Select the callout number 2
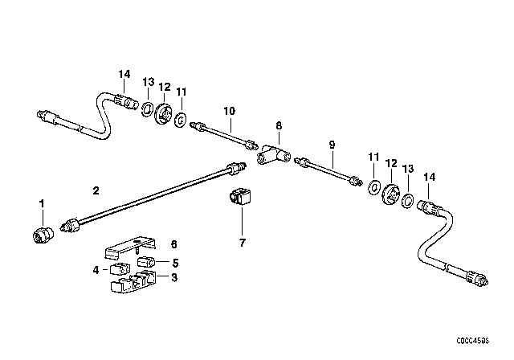[x=96, y=190]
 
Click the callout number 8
[x=279, y=126]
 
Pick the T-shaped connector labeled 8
[x=272, y=153]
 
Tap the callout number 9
[x=331, y=145]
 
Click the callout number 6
[x=172, y=244]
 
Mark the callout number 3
[x=172, y=277]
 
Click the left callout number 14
[x=124, y=75]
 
